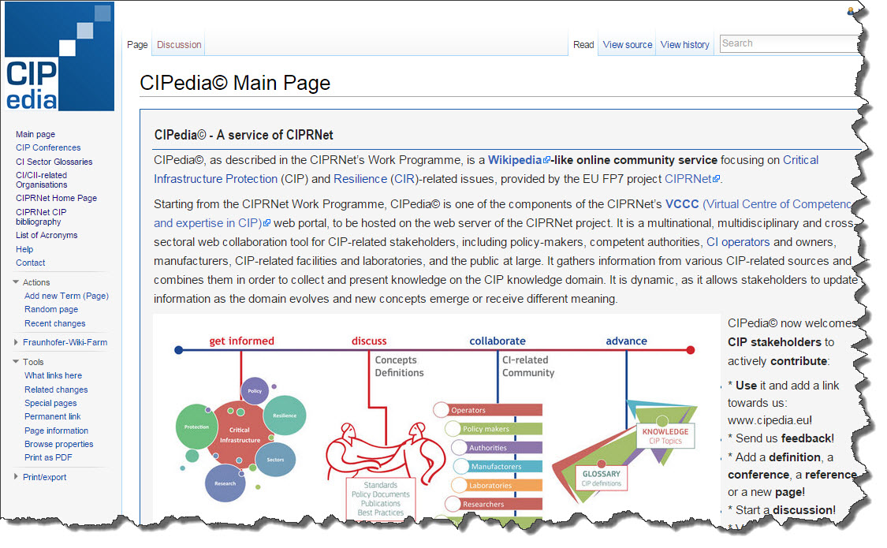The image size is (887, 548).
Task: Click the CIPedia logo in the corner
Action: coord(59,57)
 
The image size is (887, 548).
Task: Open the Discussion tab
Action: coord(179,45)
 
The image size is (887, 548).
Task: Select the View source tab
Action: coord(627,45)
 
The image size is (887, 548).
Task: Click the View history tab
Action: coord(684,45)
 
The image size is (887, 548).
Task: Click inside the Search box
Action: coord(788,43)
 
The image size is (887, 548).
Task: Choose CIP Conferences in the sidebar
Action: coord(48,147)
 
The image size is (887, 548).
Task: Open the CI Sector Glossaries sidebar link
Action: coord(54,162)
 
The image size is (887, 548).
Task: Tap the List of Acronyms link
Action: coord(47,235)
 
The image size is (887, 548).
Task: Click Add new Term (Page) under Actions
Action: coord(66,296)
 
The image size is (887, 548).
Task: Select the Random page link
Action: coord(51,309)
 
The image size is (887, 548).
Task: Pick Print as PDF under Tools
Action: coord(48,457)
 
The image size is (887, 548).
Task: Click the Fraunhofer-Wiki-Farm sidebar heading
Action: coord(65,342)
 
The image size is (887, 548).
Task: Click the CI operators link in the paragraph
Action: coord(738,241)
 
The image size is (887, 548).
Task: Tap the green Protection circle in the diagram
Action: coord(196,427)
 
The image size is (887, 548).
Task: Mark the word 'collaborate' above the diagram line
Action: coord(497,341)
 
